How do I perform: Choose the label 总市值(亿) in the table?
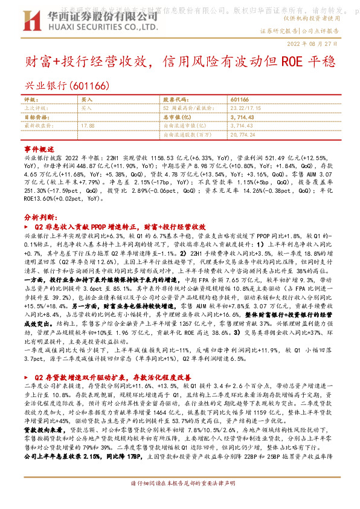179,116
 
